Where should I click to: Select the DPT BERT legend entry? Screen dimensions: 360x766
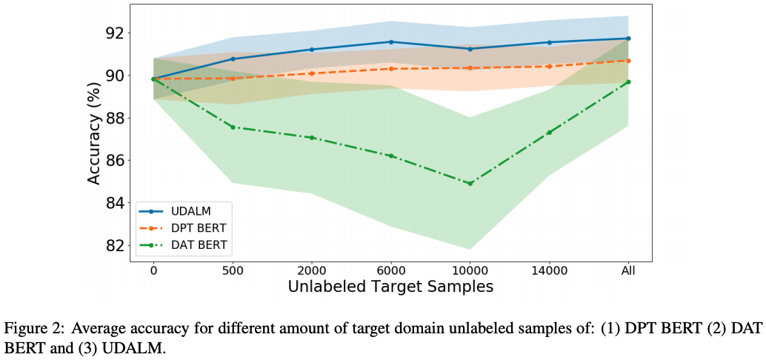[x=196, y=228]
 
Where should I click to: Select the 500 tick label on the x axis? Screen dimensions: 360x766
[x=233, y=271]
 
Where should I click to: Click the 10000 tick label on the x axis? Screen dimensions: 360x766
[x=470, y=271]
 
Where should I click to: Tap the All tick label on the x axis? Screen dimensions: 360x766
[x=628, y=271]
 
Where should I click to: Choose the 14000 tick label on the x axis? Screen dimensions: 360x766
[x=549, y=271]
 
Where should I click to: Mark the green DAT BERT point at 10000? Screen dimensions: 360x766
[x=470, y=183]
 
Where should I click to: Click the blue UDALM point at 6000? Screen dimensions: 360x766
[x=390, y=42]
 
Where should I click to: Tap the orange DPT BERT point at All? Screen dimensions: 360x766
[x=628, y=61]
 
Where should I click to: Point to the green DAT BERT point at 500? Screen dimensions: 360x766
[x=233, y=127]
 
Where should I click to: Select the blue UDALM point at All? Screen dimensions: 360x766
[x=628, y=39]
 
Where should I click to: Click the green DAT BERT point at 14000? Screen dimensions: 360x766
[x=549, y=133]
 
